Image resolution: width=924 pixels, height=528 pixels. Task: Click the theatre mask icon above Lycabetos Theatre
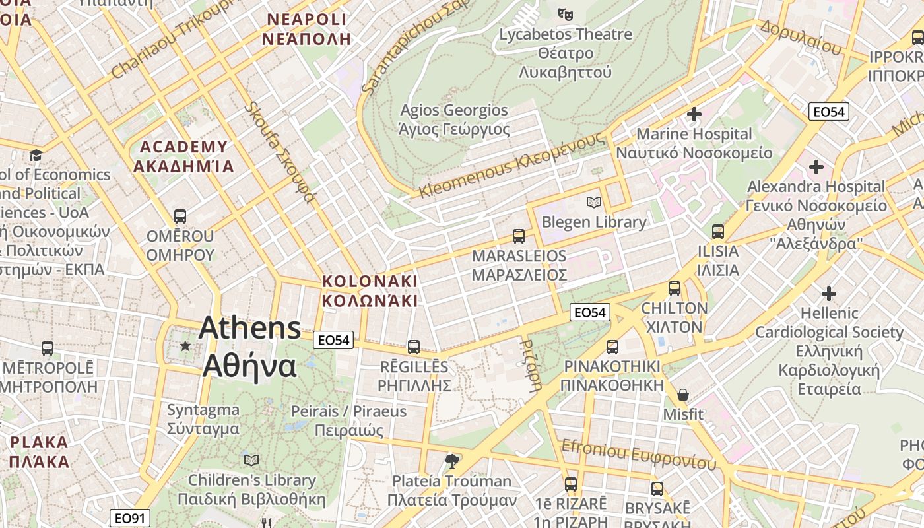tap(564, 13)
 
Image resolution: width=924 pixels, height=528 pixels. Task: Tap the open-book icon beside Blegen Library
tap(594, 202)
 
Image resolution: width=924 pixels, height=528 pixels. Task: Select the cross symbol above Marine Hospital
tap(694, 114)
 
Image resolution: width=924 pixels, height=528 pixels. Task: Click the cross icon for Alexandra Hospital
tap(816, 167)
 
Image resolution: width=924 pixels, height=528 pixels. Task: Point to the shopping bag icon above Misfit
tap(683, 395)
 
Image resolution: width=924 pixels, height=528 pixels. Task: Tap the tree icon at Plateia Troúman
tap(452, 461)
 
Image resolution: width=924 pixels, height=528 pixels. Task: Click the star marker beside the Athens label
tap(185, 346)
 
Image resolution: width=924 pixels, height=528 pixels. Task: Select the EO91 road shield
tap(130, 518)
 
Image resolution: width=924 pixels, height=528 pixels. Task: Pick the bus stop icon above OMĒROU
tap(180, 216)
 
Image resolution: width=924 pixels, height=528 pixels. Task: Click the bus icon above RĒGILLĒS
tap(414, 346)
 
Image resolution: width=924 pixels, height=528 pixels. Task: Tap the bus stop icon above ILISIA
tap(718, 232)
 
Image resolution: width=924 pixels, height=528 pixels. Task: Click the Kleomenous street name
tap(511, 166)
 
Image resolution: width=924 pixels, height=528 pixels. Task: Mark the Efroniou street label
tap(638, 455)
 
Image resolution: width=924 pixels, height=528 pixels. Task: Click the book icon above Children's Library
tap(251, 460)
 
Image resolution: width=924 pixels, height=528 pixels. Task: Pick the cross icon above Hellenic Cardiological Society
tap(829, 293)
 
